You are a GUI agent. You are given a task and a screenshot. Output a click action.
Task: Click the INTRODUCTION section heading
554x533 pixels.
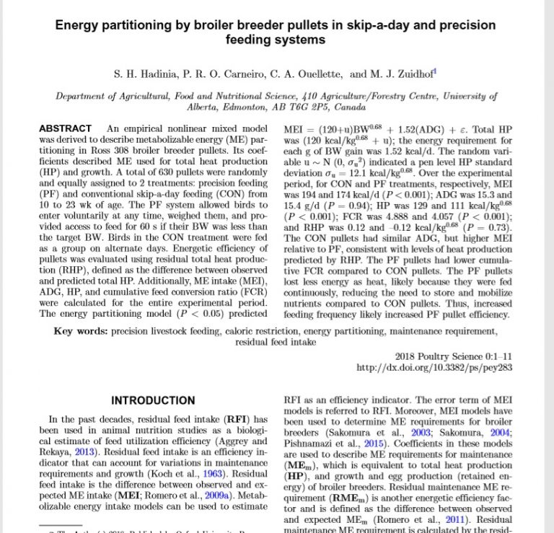(153, 401)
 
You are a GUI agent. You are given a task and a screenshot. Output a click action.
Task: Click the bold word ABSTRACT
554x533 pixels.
(65, 128)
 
